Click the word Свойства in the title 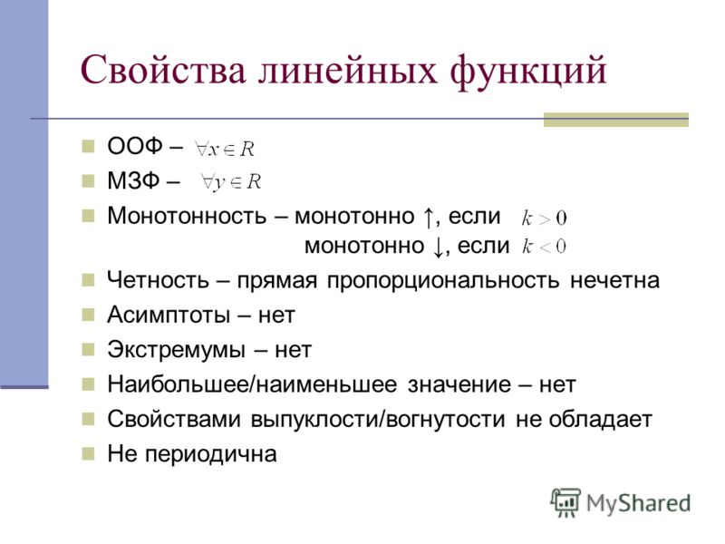coord(163,70)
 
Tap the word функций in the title coord(527,72)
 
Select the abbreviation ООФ coord(134,146)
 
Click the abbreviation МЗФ coord(133,180)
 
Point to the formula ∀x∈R coord(225,149)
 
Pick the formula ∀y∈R coord(231,182)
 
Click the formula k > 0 coord(544,218)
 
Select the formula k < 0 coord(544,246)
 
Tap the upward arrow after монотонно coord(428,217)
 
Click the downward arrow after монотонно coord(439,247)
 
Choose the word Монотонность coord(187,216)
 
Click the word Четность coord(158,280)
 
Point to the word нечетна coord(614,280)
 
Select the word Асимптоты coord(169,315)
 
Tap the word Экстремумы coord(176,350)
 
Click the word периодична coord(211,454)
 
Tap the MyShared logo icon coord(565,502)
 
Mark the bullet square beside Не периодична coord(88,453)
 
